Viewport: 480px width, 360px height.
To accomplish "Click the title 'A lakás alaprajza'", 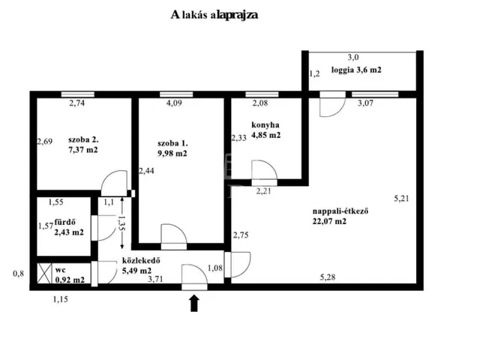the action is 214,15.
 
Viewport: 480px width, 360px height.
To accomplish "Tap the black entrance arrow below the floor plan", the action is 194,303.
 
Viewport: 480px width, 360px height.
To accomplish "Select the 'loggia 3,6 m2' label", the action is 356,70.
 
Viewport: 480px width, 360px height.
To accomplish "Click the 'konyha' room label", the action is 265,125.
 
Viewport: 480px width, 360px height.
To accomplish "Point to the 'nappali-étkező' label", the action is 340,211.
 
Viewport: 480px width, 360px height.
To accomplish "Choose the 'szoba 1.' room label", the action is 172,143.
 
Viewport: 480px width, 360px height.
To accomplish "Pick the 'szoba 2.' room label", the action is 83,140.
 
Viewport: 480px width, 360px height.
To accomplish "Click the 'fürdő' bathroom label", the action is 65,222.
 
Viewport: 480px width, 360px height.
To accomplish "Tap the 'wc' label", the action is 60,270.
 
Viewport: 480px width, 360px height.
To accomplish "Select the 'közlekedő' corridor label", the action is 141,260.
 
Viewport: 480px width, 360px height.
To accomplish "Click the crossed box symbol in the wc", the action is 44,273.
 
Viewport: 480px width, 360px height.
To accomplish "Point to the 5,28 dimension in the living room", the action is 328,277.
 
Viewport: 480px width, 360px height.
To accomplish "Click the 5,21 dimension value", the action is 401,199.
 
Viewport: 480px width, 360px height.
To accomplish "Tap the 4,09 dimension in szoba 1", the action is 174,103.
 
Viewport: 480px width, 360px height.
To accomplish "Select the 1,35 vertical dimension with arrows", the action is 121,223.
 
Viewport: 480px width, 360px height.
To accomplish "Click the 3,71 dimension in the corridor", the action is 155,279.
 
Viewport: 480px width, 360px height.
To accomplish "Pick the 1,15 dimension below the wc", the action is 61,299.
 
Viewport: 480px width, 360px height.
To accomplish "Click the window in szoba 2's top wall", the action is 78,94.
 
